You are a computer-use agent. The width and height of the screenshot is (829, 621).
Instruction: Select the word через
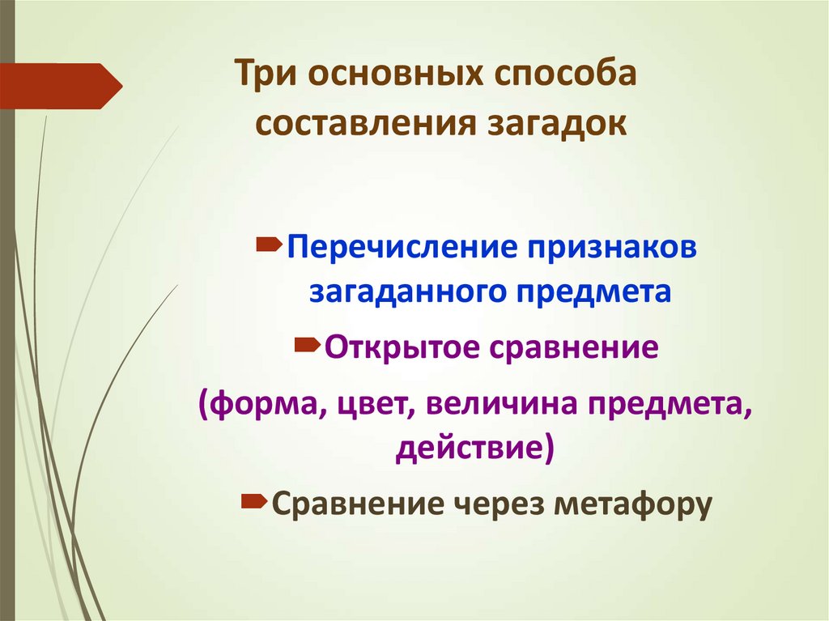[x=502, y=504]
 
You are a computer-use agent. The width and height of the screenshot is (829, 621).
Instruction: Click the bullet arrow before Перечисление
[x=269, y=243]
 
